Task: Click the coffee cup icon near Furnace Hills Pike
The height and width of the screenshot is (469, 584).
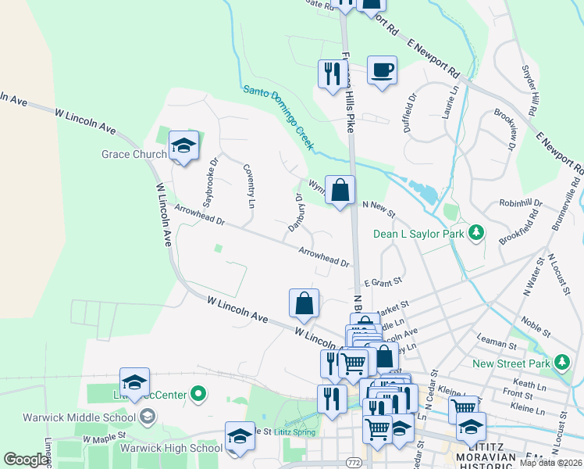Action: click(382, 70)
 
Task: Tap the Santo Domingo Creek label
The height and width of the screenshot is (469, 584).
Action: click(279, 117)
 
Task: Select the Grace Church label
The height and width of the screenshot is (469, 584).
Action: click(134, 154)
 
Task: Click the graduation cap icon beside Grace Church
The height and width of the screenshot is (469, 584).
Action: click(183, 145)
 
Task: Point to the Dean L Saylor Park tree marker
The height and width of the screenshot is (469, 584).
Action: click(474, 233)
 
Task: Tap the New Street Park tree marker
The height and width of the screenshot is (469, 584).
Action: click(561, 363)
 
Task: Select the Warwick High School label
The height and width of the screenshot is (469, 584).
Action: click(171, 448)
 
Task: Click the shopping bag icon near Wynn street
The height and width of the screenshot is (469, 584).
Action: click(340, 190)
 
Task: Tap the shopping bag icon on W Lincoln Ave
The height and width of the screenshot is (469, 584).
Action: click(304, 304)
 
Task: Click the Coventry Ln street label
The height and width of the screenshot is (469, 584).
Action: click(249, 186)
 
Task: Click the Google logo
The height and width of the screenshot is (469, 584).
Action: click(27, 460)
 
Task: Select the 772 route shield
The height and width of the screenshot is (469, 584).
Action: click(352, 463)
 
